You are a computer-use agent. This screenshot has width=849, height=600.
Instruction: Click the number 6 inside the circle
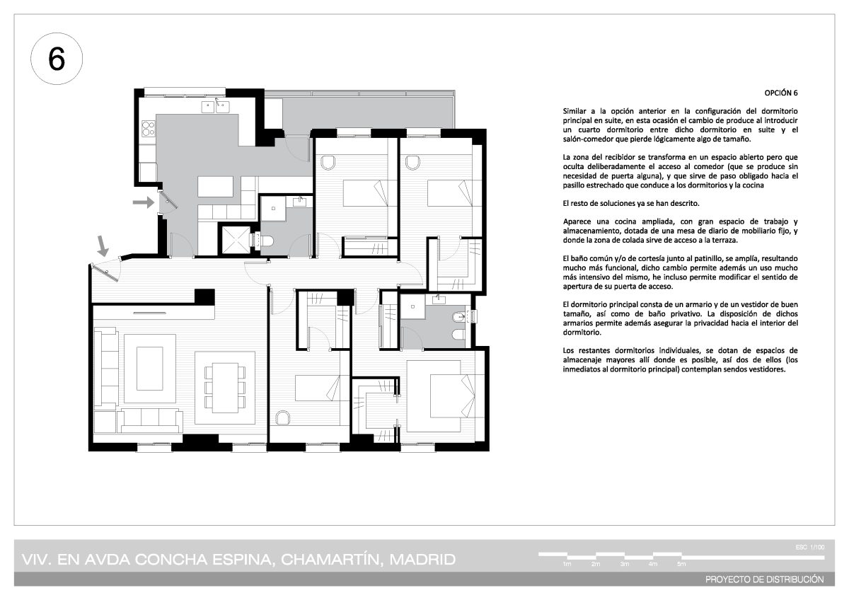pos(57,59)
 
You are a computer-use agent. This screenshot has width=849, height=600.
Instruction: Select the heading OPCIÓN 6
pos(781,93)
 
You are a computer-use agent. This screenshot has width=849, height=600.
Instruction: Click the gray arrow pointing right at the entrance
pos(143,202)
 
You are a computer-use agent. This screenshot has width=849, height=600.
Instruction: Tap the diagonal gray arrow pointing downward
pos(103,246)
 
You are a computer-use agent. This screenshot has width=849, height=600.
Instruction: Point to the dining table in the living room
pos(225,387)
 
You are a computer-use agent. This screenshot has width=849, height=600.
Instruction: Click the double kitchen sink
pos(215,107)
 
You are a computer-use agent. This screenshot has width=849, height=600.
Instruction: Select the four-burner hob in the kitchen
pos(148,128)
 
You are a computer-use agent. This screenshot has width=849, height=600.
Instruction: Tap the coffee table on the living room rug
pos(150,368)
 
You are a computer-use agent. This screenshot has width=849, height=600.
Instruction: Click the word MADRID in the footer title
pos(422,560)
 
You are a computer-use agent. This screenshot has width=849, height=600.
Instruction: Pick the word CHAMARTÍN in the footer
pos(330,560)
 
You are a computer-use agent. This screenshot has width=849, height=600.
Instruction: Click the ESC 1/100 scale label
pos(810,547)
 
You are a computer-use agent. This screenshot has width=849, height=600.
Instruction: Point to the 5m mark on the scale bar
pos(681,564)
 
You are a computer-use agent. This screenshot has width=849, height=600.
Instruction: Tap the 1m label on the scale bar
pos(567,564)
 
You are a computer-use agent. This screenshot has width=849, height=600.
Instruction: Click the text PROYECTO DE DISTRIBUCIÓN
pos(765,579)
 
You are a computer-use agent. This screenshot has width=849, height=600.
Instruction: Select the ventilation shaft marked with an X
pos(236,240)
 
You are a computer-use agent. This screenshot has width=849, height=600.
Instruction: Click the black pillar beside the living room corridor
pos(204,296)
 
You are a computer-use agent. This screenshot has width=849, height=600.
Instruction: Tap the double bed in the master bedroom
pos(445,396)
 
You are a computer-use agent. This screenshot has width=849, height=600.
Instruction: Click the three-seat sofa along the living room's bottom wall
pos(150,420)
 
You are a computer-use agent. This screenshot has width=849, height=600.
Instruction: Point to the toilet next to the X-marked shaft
pos(263,240)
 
